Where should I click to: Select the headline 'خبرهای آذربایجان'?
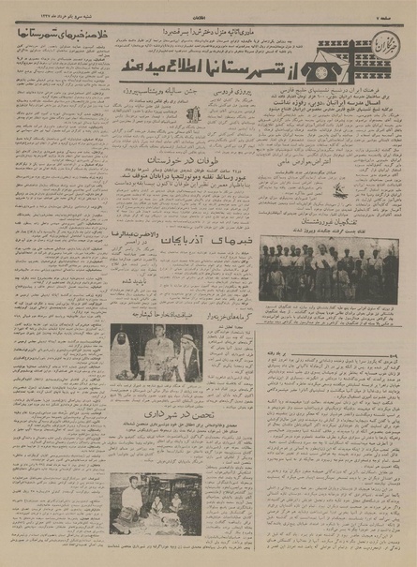pos(211,240)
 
